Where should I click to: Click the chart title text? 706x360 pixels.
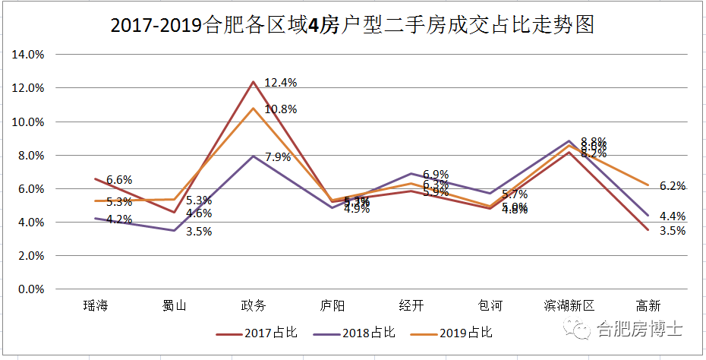pyautogui.click(x=351, y=25)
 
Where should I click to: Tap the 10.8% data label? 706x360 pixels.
pyautogui.click(x=280, y=109)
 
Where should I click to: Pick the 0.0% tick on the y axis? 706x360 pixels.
pyautogui.click(x=31, y=289)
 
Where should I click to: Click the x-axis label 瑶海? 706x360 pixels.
pyautogui.click(x=96, y=306)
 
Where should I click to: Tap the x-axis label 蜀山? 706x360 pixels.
pyautogui.click(x=174, y=306)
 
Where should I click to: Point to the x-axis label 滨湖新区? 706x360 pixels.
pyautogui.click(x=569, y=306)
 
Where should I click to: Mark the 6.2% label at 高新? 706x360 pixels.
pyautogui.click(x=673, y=186)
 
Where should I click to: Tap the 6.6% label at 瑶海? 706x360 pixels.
pyautogui.click(x=119, y=180)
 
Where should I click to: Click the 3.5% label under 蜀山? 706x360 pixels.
pyautogui.click(x=199, y=232)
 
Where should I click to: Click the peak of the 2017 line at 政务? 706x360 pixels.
pyautogui.click(x=253, y=81)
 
